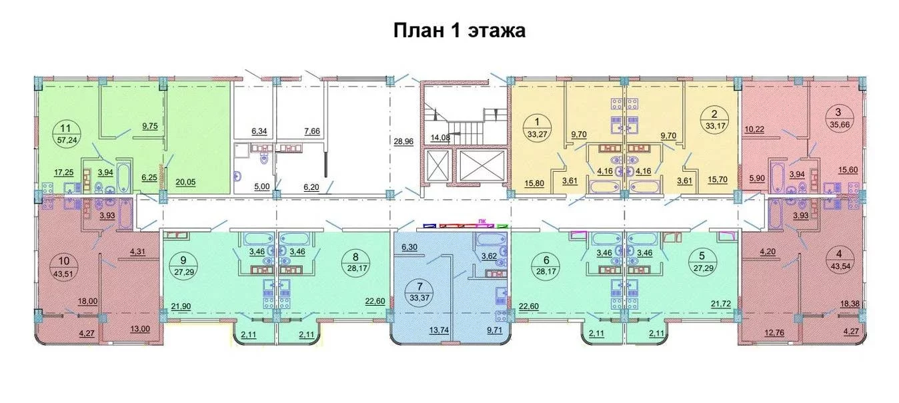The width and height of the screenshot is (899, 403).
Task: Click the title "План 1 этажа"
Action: [459, 31]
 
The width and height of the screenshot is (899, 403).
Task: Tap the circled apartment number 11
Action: [65, 129]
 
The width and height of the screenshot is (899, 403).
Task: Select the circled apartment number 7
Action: [419, 286]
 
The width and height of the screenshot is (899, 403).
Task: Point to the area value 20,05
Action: [185, 183]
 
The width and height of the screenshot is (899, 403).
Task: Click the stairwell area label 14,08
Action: [440, 138]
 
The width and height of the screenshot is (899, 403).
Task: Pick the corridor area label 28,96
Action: [403, 142]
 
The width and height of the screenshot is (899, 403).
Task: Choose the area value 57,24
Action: [67, 140]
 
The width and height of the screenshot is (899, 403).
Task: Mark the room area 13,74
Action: [438, 330]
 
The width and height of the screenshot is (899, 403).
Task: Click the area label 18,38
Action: [850, 304]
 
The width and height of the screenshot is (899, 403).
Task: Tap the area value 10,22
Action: [754, 129]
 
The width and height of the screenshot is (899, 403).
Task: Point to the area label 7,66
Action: [312, 131]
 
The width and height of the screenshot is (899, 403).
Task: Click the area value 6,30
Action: [409, 247]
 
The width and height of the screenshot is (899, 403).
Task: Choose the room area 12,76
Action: [774, 333]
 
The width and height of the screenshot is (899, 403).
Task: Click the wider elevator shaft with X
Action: [482, 165]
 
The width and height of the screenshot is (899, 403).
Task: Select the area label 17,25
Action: [64, 173]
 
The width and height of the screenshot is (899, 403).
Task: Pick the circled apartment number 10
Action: [63, 261]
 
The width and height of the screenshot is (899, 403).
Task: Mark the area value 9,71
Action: [494, 330]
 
